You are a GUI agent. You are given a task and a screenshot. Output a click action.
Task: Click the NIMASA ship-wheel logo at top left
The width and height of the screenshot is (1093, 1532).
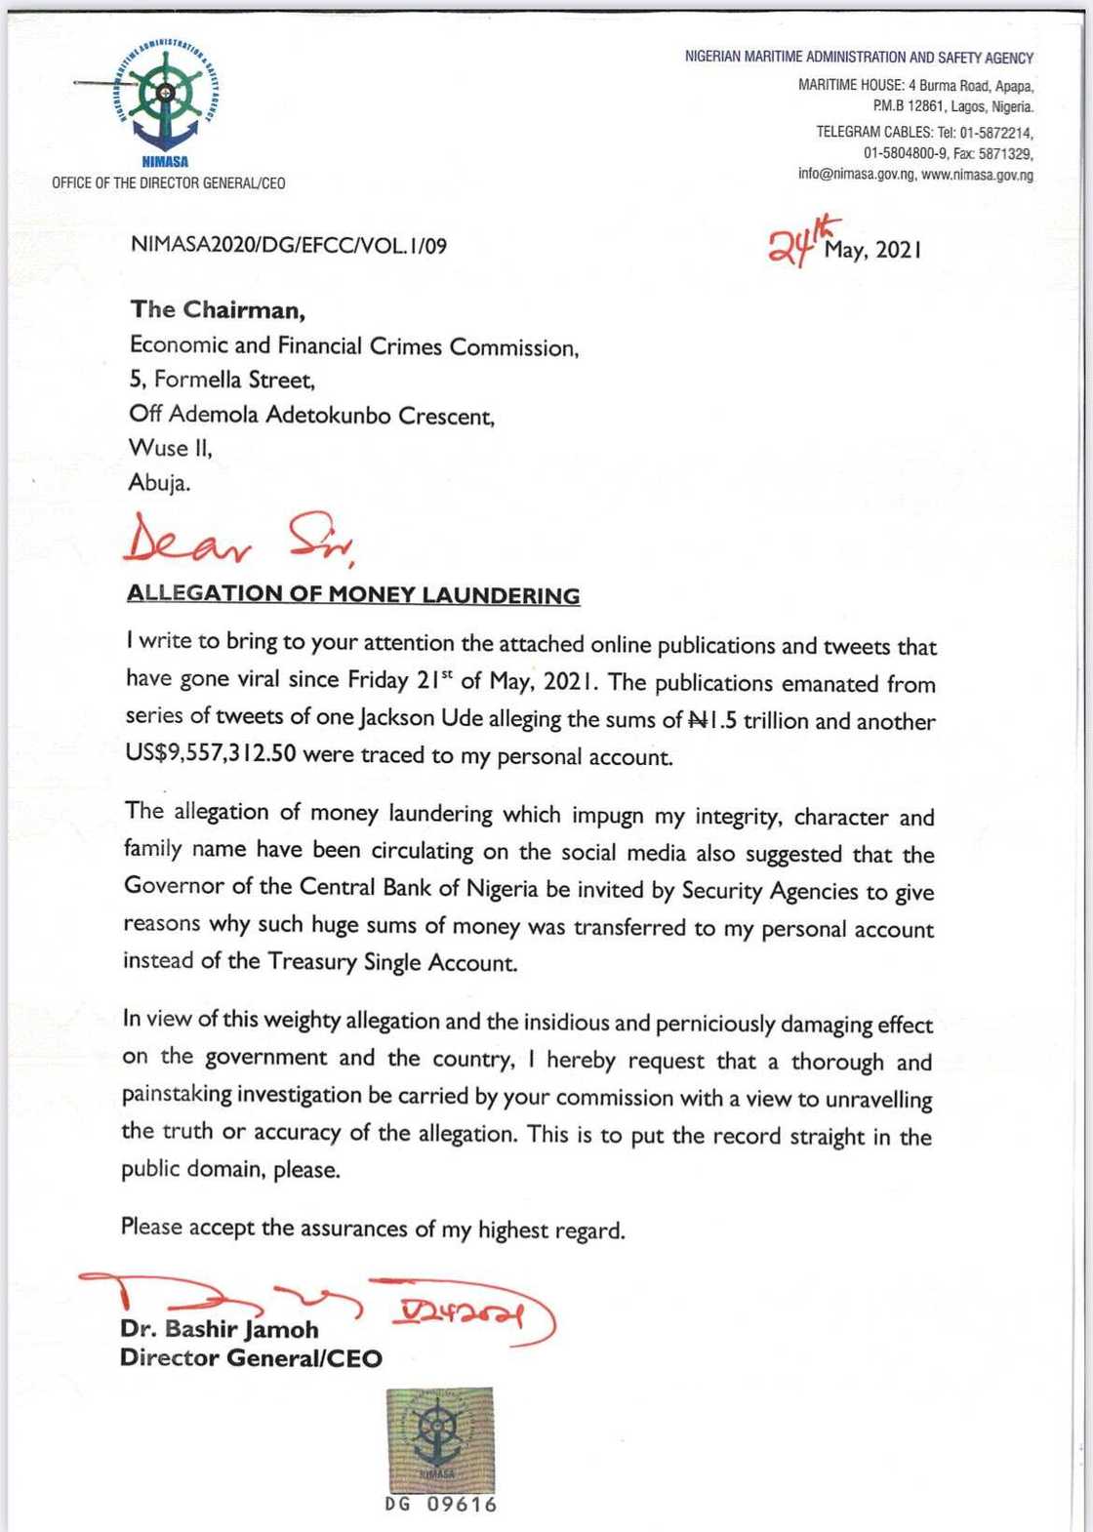point(165,96)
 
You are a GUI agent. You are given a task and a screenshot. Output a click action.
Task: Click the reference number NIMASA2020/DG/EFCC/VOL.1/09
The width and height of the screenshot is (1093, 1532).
point(289,246)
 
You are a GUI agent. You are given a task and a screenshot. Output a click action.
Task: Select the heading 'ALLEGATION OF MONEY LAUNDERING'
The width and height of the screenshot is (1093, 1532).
point(353,594)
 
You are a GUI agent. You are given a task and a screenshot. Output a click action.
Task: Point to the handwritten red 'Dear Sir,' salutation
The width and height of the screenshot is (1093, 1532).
point(239,543)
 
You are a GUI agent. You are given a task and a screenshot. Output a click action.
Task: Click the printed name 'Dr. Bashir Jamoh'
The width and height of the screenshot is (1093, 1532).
point(220,1329)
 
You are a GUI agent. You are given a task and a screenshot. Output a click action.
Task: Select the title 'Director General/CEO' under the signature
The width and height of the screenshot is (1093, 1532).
point(251,1358)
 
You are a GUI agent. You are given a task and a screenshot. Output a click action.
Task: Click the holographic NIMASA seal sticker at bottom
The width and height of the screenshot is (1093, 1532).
point(439,1440)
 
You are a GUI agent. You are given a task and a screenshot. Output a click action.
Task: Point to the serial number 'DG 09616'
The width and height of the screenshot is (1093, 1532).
point(441,1506)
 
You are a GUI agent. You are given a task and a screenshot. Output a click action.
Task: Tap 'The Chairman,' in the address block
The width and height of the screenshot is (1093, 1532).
point(218,310)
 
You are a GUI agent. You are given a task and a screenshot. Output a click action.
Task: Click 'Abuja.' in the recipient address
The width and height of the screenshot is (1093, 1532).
point(160,483)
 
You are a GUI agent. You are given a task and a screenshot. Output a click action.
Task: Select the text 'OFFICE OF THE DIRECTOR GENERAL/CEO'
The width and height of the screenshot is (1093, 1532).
point(169,183)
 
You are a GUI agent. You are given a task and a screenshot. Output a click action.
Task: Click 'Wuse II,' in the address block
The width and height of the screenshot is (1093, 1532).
point(170,448)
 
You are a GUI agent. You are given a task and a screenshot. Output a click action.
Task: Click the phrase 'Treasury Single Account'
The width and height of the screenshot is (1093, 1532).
point(391,963)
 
